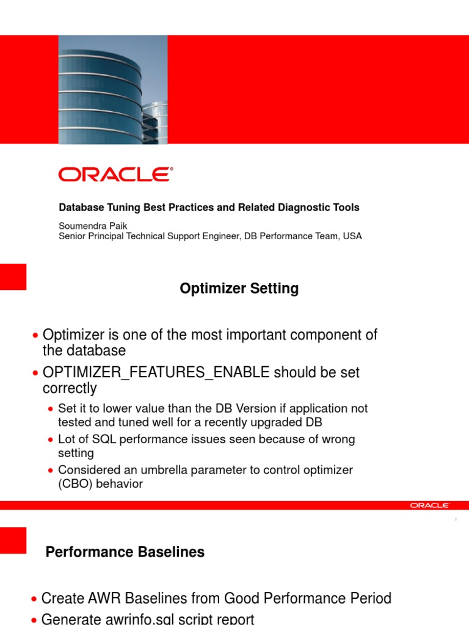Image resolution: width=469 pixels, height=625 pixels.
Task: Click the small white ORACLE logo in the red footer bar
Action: [430, 505]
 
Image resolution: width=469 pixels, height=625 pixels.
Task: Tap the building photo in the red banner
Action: [112, 90]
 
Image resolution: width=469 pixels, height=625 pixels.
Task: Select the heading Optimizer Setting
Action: [239, 289]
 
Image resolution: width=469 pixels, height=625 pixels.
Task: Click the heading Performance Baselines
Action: [125, 552]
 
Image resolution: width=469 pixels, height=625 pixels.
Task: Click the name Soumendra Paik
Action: [93, 226]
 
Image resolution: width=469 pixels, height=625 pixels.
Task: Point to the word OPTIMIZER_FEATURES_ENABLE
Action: [156, 372]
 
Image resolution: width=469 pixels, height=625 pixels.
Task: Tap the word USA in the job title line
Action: [352, 236]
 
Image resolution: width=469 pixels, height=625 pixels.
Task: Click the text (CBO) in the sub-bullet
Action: [73, 484]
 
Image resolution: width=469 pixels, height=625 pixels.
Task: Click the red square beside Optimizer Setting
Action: [13, 276]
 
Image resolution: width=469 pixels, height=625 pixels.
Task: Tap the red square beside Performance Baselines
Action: [13, 540]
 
